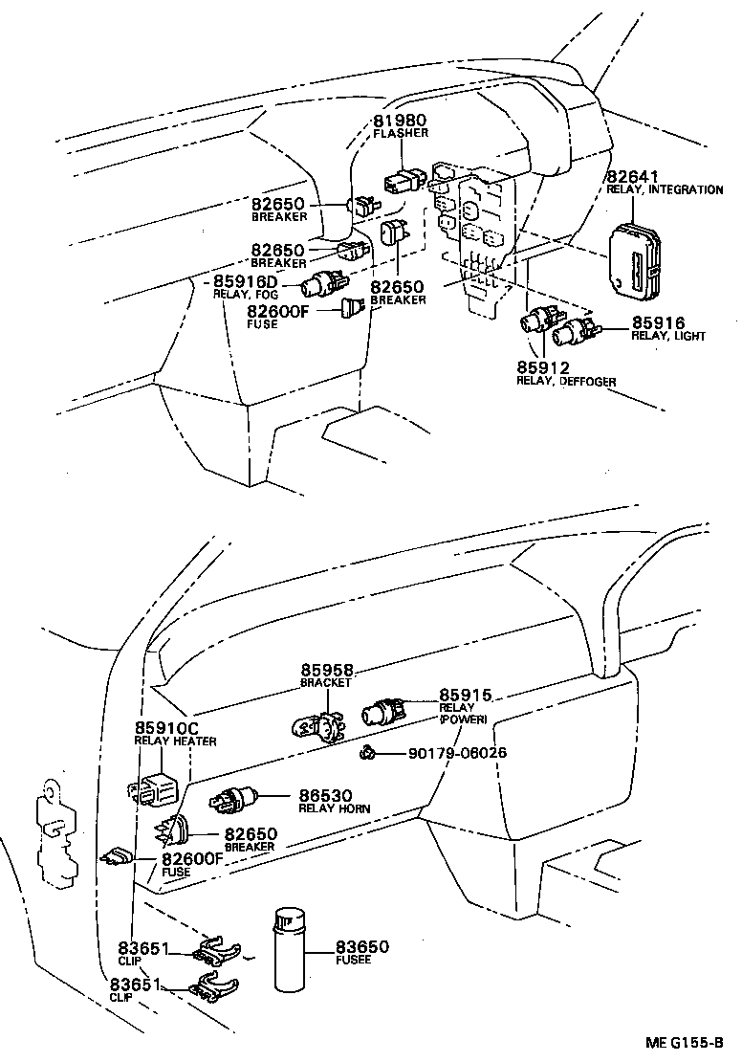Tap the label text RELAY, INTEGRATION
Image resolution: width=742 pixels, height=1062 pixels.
click(665, 189)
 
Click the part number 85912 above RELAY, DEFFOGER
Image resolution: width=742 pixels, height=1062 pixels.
click(543, 367)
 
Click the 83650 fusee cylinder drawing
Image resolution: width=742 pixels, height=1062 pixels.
click(291, 948)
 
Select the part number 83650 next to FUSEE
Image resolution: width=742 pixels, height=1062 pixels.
click(361, 946)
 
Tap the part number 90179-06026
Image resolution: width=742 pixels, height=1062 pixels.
click(457, 753)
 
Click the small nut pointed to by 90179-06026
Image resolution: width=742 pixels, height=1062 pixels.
click(366, 754)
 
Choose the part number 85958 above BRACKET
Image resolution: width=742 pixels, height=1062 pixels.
click(328, 671)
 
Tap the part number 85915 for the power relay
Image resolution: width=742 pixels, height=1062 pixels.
click(466, 695)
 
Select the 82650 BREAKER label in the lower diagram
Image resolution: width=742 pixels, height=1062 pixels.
click(251, 834)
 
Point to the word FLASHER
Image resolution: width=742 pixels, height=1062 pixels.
click(400, 133)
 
